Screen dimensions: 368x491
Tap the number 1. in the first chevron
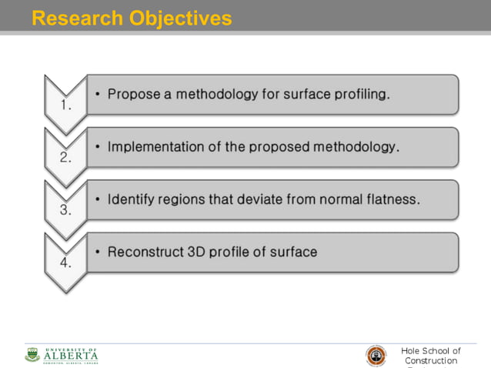coord(66,106)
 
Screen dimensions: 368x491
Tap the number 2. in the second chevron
coord(66,159)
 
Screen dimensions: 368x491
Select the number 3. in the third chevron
coord(66,210)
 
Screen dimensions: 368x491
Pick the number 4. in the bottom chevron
coord(66,263)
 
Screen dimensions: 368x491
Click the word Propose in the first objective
coord(132,95)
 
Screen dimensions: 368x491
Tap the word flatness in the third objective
coord(392,199)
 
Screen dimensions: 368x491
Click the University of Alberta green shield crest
coord(32,355)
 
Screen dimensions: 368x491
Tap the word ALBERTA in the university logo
coord(71,356)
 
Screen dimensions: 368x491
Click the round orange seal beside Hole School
coord(376,356)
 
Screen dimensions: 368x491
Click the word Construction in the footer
coord(430,361)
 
